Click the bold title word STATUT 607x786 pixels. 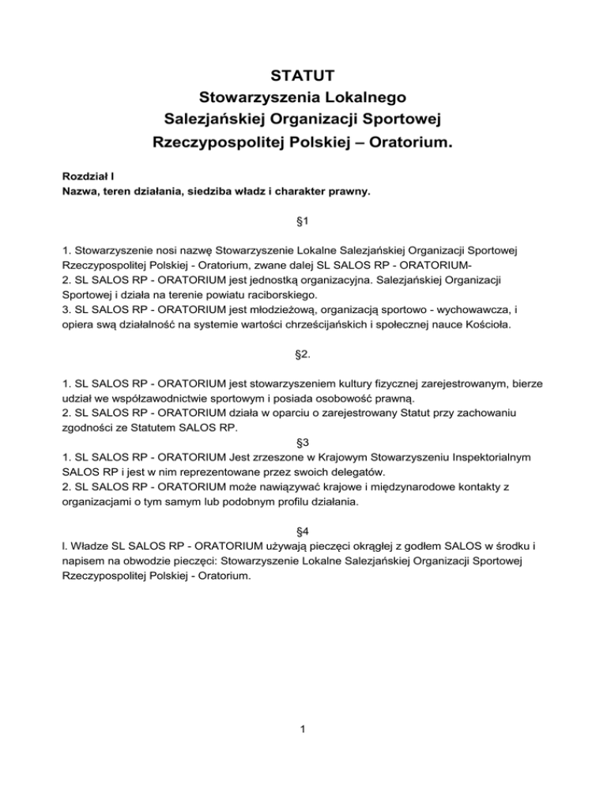tap(303, 76)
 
